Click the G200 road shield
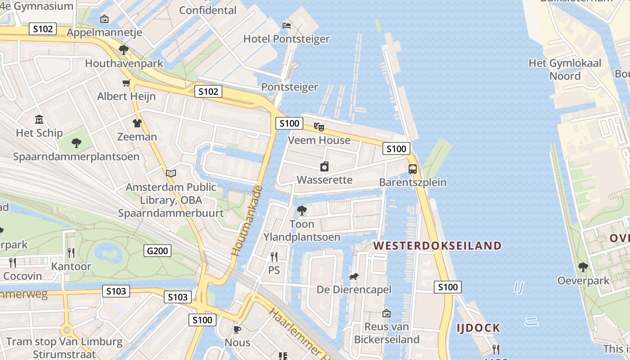(157, 251)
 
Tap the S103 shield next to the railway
(177, 297)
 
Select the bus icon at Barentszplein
(413, 169)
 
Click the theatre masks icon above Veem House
(319, 127)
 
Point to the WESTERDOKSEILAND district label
(437, 246)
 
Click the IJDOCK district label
(478, 328)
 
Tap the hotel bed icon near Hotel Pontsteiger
(287, 25)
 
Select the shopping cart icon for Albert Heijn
(126, 83)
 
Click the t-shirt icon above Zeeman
(137, 123)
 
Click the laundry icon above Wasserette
(324, 167)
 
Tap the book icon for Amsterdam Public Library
(171, 173)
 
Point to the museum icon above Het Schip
(39, 120)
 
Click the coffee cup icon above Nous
(237, 329)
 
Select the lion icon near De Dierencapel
(354, 276)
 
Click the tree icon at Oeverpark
(583, 267)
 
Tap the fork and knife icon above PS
(274, 257)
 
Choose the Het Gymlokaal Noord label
(565, 69)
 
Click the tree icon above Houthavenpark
(124, 50)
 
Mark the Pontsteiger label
(289, 87)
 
